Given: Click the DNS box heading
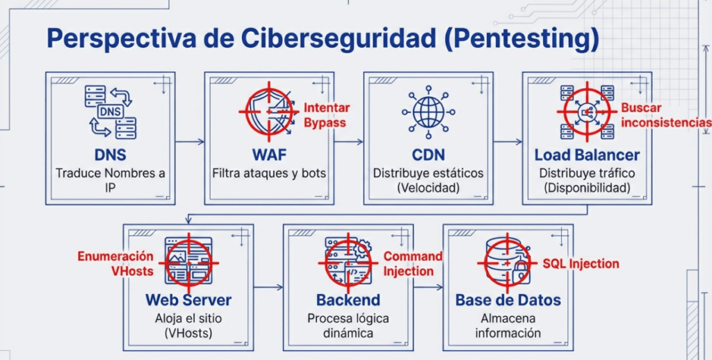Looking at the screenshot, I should point(111,154).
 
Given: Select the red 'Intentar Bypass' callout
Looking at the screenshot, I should point(326,115).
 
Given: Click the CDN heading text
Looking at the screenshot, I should point(428,154).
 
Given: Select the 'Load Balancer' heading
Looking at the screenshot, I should point(587,154).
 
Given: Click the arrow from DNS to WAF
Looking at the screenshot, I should point(190,142).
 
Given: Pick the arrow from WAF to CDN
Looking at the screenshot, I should point(348,142).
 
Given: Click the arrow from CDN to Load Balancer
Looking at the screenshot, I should point(508,142).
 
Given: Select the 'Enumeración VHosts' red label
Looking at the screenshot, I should point(115,263).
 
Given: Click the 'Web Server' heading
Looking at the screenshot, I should point(188,300).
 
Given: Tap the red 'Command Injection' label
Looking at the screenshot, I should point(413,263).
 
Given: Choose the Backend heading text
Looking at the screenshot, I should point(348,300).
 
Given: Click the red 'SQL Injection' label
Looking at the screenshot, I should point(581,263).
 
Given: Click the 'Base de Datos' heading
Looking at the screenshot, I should point(508,300).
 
